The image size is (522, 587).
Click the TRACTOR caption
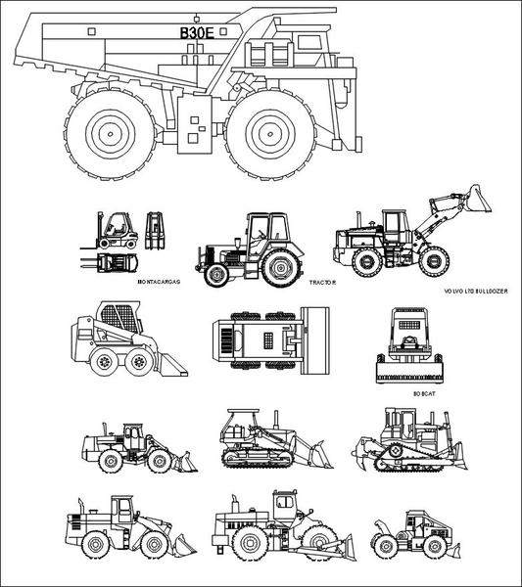coord(322,282)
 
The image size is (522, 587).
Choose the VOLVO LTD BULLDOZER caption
coord(477,292)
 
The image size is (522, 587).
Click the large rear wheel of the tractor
coord(281,268)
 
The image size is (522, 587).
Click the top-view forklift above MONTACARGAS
coord(111,261)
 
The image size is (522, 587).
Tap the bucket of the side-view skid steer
coord(170,366)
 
